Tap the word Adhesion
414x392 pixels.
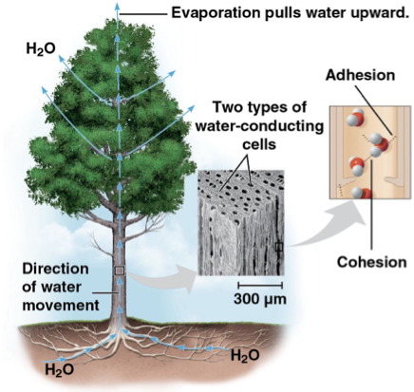pyautogui.click(x=358, y=76)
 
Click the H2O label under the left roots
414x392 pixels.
pyautogui.click(x=61, y=367)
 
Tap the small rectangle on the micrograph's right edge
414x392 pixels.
pyautogui.click(x=278, y=248)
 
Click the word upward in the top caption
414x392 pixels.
pyautogui.click(x=379, y=12)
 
